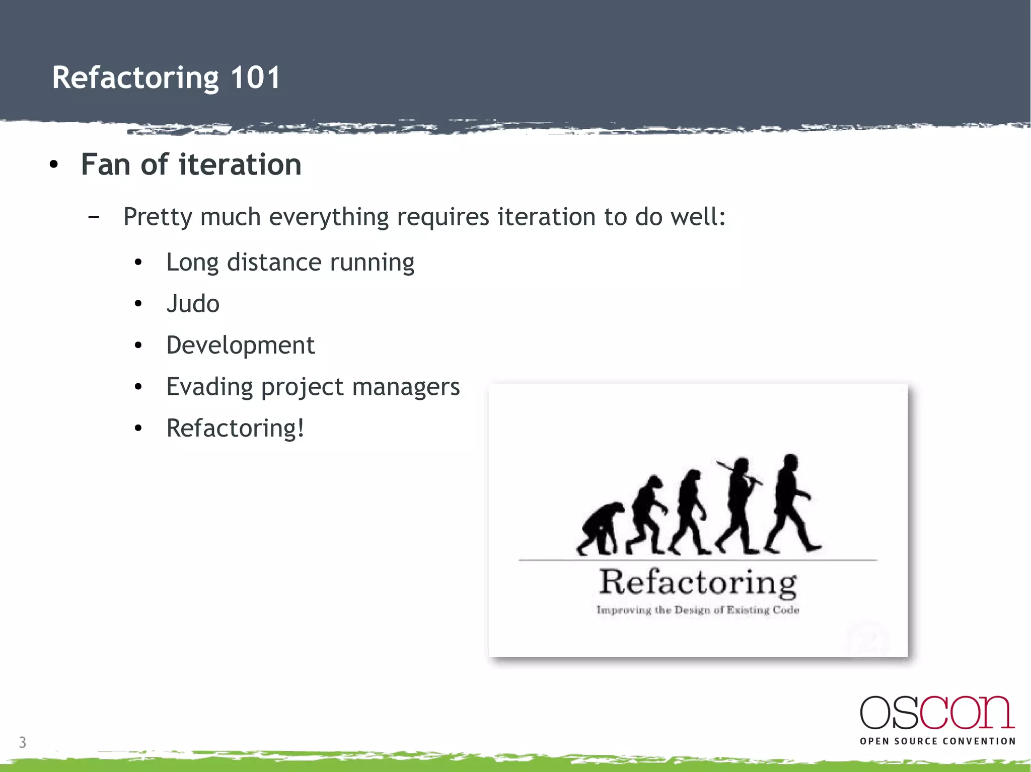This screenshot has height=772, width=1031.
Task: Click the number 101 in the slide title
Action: tap(255, 78)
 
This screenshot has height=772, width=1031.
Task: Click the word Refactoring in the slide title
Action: tap(135, 78)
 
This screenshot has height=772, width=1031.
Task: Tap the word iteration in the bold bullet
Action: tap(240, 164)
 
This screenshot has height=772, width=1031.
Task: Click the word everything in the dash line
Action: tap(329, 217)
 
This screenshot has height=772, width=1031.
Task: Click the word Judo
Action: tap(193, 304)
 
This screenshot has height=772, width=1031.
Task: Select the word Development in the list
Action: tap(240, 346)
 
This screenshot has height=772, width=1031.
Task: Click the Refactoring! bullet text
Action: tap(235, 428)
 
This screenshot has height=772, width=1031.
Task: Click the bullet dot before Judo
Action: tap(138, 304)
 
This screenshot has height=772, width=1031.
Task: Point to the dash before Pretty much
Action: tap(93, 217)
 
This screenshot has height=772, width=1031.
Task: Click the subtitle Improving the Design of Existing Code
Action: tap(698, 610)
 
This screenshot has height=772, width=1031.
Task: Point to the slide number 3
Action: tap(23, 742)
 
